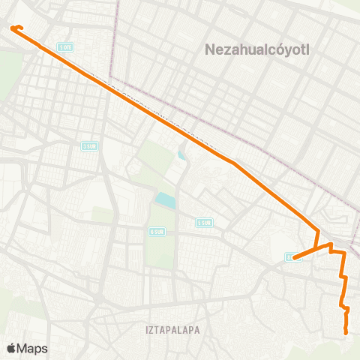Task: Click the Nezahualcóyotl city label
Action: coord(257,50)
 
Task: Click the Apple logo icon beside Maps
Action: coord(11,348)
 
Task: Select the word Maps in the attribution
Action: coord(32,348)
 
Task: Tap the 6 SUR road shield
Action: coord(157,231)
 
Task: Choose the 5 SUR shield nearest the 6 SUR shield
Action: coord(203,222)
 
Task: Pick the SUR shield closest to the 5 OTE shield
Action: coord(90,145)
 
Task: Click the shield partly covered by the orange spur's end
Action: coord(291,257)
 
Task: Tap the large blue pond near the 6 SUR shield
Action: coord(164,201)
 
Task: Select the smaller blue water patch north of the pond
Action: coord(181,156)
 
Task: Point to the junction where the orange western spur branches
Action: coord(328,244)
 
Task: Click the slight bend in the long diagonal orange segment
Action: coord(234,162)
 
